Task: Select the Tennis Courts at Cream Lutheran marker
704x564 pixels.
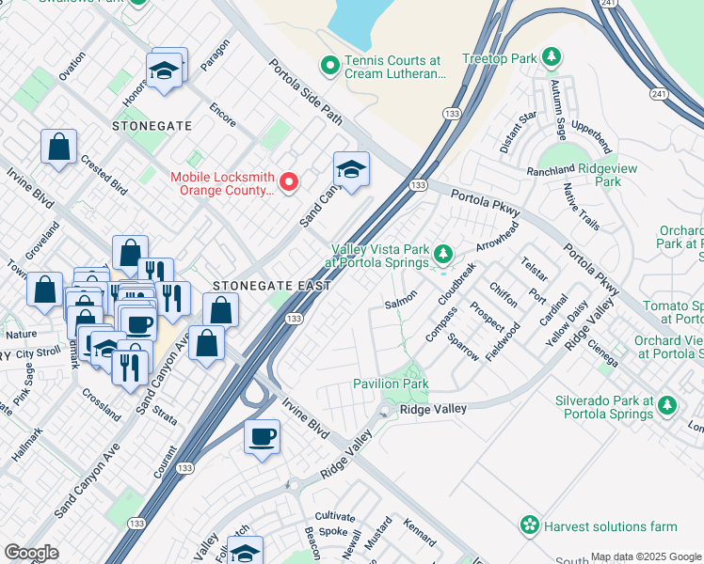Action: click(329, 65)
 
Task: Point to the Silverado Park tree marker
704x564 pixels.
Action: click(667, 405)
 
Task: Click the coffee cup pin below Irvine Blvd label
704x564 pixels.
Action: click(261, 436)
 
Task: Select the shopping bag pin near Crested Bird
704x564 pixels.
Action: click(58, 148)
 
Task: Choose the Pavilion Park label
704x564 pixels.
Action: click(391, 384)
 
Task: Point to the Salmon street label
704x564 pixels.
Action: click(401, 303)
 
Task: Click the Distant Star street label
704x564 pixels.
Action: click(518, 133)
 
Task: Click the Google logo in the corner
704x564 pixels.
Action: click(31, 553)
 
